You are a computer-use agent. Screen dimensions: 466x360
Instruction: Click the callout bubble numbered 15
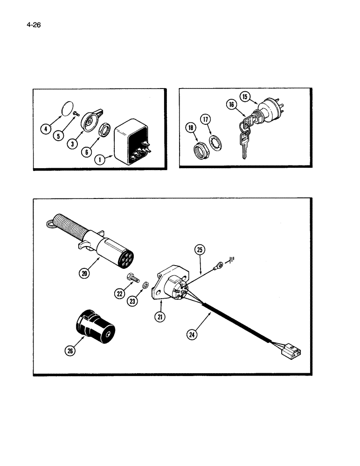pos(245,97)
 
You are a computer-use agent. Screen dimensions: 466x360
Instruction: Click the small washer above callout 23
pos(146,284)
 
